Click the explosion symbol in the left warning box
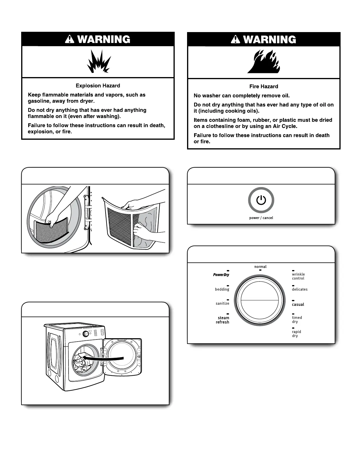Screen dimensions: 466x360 98,62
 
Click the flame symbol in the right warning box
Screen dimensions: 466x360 264,63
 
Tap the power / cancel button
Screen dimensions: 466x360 261,200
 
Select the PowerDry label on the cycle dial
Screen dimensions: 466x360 221,275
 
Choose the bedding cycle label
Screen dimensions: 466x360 222,289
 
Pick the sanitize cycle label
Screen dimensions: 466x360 222,304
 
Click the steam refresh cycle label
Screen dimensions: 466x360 223,320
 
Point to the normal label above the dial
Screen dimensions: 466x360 260,267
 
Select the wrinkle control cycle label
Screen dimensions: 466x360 298,276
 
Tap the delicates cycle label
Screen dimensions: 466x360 300,289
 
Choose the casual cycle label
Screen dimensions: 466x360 298,304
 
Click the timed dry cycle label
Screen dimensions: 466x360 297,320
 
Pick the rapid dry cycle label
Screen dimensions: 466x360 296,334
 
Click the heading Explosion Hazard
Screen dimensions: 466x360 98,86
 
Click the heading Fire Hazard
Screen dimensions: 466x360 264,86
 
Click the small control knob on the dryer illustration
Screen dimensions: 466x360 86,334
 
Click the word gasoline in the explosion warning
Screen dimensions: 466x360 39,101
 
